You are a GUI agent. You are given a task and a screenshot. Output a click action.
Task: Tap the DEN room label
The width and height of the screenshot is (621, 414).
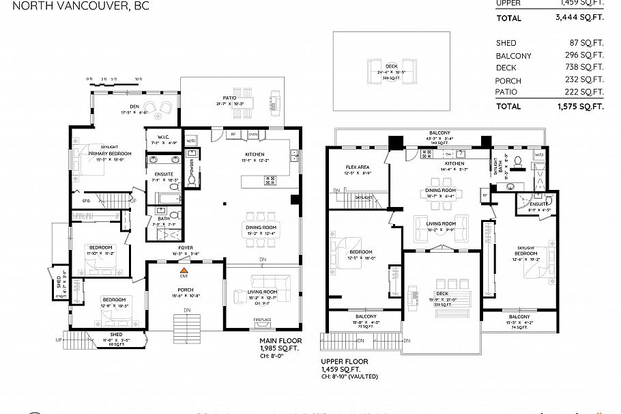pos(130,107)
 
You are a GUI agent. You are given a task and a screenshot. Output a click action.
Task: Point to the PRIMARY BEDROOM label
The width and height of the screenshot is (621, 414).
pos(110,154)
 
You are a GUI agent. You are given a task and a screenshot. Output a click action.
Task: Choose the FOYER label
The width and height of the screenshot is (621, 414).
pos(186,247)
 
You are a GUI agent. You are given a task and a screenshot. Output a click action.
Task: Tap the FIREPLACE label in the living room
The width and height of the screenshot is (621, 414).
pos(262,320)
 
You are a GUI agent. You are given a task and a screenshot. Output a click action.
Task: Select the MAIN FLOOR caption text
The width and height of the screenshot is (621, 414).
pos(278,340)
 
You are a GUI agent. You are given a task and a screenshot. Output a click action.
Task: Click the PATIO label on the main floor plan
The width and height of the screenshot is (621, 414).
pos(229,98)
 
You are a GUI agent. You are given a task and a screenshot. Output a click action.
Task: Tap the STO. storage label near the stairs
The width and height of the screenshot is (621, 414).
pos(87,201)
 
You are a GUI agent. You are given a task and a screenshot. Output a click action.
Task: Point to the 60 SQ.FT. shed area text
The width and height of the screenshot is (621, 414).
pos(115,344)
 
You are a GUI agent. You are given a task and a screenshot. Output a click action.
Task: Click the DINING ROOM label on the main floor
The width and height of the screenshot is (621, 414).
pos(260,226)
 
